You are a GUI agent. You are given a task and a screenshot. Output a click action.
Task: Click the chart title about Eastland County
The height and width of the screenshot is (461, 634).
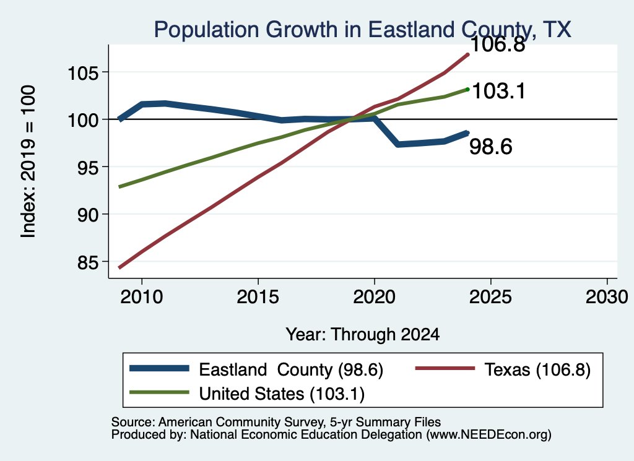363,30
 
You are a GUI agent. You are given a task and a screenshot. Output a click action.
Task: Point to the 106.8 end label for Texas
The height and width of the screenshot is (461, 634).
498,44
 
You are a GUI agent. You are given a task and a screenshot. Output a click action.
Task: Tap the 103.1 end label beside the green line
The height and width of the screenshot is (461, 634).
498,90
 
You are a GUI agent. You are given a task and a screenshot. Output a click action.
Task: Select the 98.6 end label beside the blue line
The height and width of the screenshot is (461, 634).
491,146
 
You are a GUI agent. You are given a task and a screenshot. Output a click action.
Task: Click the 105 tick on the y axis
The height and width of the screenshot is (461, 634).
83,73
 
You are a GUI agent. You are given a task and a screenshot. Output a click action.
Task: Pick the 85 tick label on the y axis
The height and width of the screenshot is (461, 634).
88,262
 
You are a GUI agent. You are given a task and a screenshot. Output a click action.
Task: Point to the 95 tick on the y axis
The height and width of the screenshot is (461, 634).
88,168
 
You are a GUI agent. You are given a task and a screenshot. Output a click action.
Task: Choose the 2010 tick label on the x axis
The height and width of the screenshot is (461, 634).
142,297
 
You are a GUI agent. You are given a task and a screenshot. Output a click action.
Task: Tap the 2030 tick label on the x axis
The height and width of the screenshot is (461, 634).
607,297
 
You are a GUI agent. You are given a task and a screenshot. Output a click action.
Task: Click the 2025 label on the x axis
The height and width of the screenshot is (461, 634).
490,297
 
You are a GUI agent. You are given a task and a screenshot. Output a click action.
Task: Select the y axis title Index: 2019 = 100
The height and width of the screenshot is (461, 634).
28,162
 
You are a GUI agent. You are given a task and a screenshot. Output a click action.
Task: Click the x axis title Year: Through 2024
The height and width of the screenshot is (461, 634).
363,335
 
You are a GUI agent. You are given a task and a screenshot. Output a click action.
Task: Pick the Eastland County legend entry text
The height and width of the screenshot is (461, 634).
291,369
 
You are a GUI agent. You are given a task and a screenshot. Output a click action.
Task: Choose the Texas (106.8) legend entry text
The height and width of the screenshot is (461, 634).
537,369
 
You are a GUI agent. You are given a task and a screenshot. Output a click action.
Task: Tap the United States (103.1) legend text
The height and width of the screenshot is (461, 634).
282,394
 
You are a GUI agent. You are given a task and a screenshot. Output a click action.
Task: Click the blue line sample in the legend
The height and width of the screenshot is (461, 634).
159,368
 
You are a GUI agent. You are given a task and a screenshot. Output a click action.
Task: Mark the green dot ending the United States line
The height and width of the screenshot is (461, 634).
468,89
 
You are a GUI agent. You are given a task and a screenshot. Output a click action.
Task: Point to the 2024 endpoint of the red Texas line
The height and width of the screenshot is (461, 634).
468,54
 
